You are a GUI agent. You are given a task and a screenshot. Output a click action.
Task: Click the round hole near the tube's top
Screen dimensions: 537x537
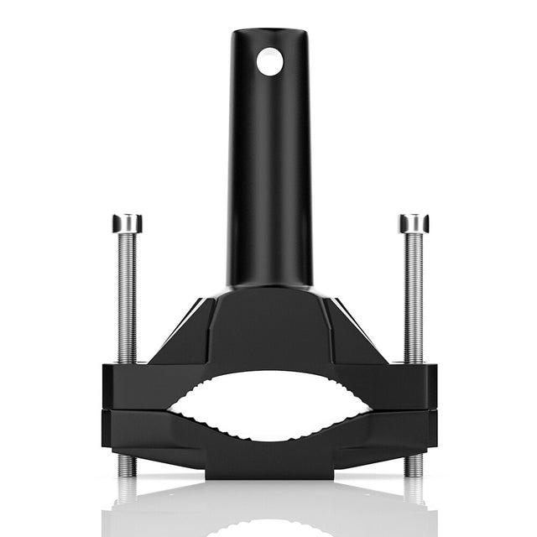click(x=270, y=61)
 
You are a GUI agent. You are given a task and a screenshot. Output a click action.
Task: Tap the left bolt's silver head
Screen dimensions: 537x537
click(x=127, y=223)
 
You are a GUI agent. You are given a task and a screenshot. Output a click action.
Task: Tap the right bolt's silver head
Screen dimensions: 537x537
click(x=414, y=223)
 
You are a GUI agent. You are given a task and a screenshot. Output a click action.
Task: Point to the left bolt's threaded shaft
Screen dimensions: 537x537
click(x=127, y=294)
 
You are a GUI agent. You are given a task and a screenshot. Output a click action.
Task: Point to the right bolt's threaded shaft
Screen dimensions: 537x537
click(x=414, y=294)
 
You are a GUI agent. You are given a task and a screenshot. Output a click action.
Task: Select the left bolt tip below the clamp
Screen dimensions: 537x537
click(x=127, y=465)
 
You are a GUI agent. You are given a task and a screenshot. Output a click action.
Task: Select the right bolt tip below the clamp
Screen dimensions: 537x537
click(x=413, y=465)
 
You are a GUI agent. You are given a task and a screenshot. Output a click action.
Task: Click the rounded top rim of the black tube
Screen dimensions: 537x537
click(x=270, y=34)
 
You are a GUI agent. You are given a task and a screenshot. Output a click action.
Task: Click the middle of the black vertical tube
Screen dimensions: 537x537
click(x=270, y=168)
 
